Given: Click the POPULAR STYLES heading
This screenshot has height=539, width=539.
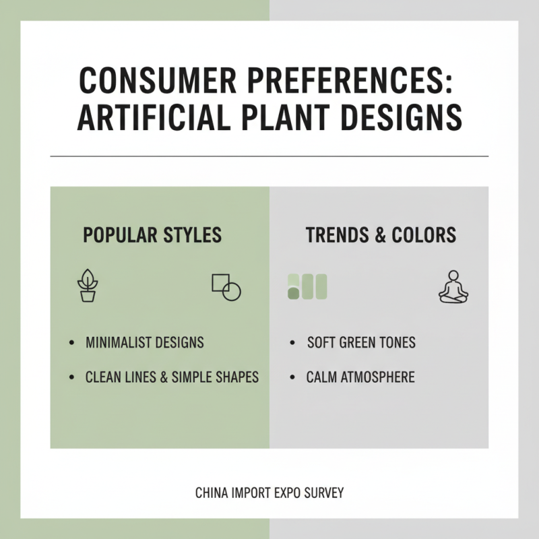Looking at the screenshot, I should [152, 235].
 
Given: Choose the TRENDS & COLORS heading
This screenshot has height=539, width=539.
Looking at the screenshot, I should [381, 235].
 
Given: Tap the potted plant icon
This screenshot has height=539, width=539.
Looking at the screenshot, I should [88, 286].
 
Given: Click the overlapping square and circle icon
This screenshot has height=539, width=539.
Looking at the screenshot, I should [226, 287].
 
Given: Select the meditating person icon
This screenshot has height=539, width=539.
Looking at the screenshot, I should [453, 286].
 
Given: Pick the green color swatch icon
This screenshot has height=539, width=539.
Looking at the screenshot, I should [307, 286].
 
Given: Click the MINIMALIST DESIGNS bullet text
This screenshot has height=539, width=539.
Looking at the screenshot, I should [145, 342].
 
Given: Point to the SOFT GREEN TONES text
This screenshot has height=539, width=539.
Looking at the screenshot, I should [361, 342].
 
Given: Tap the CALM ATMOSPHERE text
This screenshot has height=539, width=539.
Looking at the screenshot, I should [360, 377].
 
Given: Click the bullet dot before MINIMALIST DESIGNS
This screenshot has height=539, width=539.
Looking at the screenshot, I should [72, 343].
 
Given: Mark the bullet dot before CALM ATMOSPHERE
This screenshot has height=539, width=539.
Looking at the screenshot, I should [292, 377].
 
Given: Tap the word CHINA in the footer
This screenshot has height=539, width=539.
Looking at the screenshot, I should [211, 493].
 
